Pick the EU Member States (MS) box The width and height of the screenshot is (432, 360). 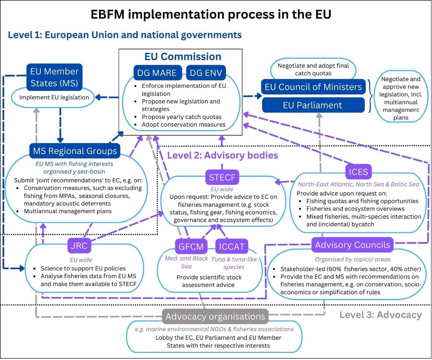[54, 77]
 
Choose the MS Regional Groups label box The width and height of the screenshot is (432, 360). [75, 151]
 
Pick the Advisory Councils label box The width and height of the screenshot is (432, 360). [352, 245]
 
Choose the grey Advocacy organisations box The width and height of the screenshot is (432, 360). [215, 316]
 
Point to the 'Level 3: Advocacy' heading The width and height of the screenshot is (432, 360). [380, 315]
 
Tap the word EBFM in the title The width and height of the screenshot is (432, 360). [113, 14]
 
